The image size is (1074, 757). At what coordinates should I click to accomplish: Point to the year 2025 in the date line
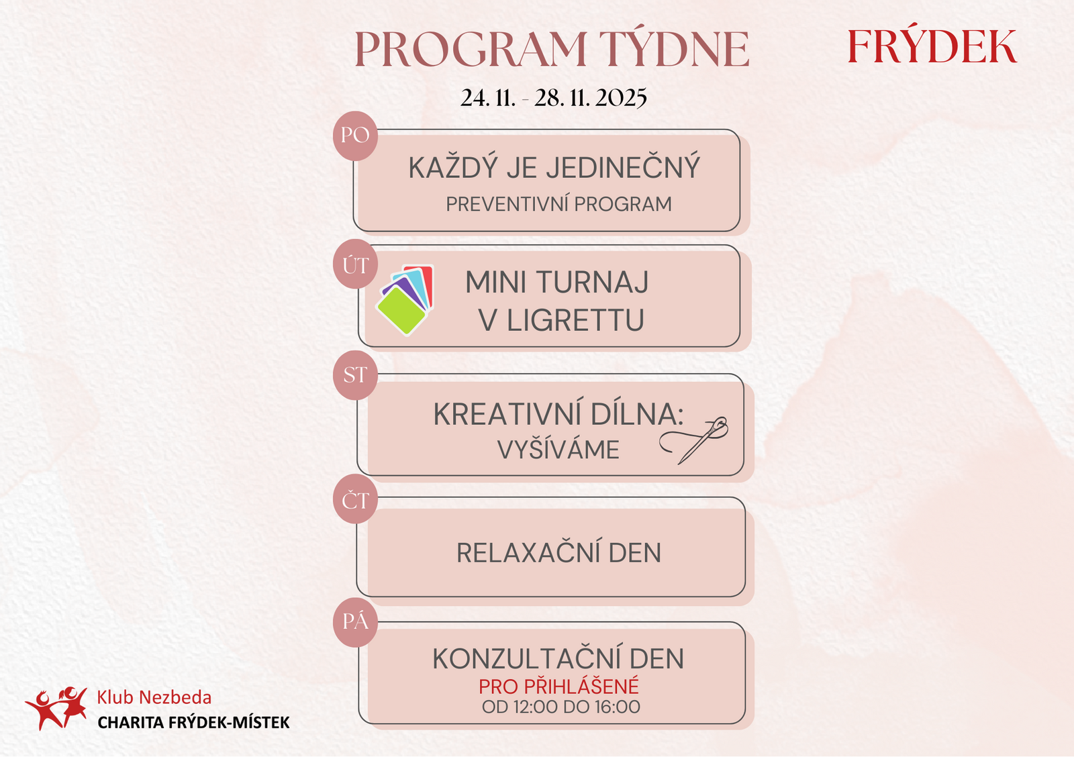pyautogui.click(x=621, y=98)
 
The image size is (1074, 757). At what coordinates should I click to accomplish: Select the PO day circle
pyautogui.click(x=355, y=136)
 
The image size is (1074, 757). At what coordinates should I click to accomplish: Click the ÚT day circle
pyautogui.click(x=355, y=264)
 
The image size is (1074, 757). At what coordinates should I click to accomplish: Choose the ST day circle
pyautogui.click(x=355, y=375)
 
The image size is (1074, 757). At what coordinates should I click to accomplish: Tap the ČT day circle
pyautogui.click(x=355, y=499)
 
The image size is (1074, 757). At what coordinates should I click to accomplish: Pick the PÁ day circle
pyautogui.click(x=355, y=622)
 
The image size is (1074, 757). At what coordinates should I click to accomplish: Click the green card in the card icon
pyautogui.click(x=401, y=311)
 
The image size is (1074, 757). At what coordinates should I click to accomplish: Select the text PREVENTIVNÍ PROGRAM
pyautogui.click(x=558, y=204)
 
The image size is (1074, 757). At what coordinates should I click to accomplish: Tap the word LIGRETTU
pyautogui.click(x=575, y=320)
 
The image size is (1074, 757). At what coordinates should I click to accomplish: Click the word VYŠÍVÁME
pyautogui.click(x=558, y=449)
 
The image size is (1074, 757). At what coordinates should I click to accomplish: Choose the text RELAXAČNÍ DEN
pyautogui.click(x=558, y=552)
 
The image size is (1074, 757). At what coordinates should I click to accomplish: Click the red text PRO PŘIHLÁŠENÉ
pyautogui.click(x=558, y=686)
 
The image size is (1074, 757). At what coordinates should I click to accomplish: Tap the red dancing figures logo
pyautogui.click(x=56, y=708)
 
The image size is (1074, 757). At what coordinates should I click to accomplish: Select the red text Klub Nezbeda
pyautogui.click(x=154, y=697)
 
